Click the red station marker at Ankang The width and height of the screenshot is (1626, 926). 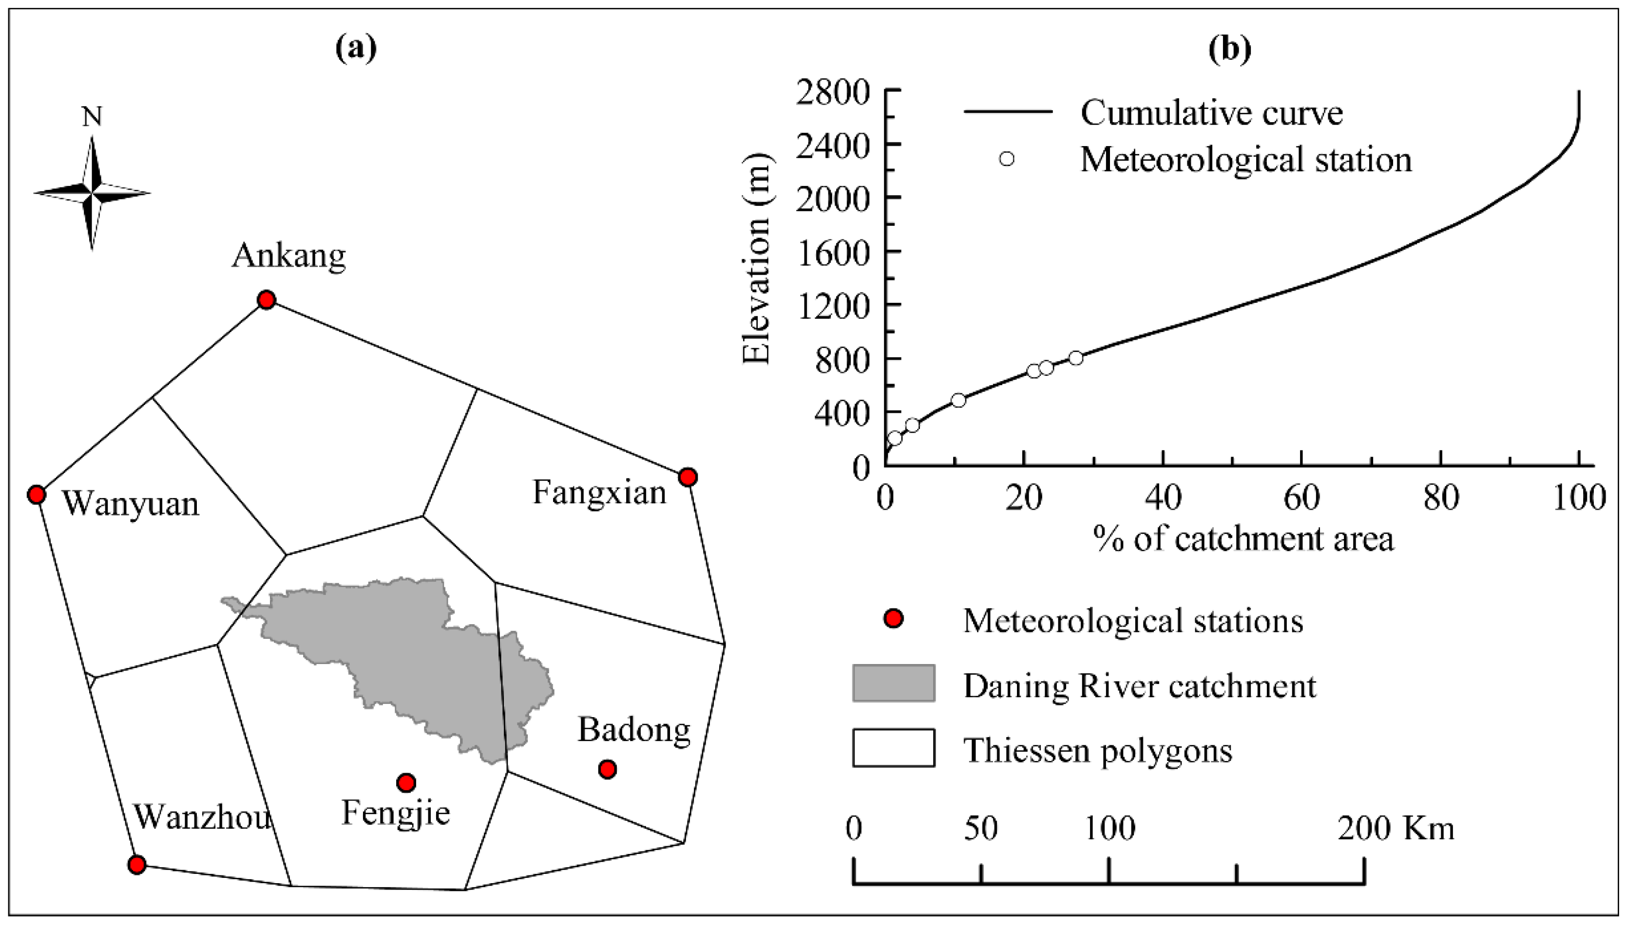point(266,299)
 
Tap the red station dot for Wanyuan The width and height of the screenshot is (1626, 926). point(37,494)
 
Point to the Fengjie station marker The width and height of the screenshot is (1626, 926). point(406,782)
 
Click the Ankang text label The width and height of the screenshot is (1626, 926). point(288,256)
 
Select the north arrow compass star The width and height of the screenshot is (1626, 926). point(92,193)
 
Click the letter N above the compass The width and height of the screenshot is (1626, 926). point(92,117)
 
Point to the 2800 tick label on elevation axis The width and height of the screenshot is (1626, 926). point(832,94)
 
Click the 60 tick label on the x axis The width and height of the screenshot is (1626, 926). point(1301,498)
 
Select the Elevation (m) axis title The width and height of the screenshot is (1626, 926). point(757,259)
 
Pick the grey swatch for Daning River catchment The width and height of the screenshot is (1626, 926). point(894,683)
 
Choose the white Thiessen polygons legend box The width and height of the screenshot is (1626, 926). point(894,748)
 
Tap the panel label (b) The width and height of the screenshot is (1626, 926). point(1229,48)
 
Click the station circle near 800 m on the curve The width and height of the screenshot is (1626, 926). point(1075,358)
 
